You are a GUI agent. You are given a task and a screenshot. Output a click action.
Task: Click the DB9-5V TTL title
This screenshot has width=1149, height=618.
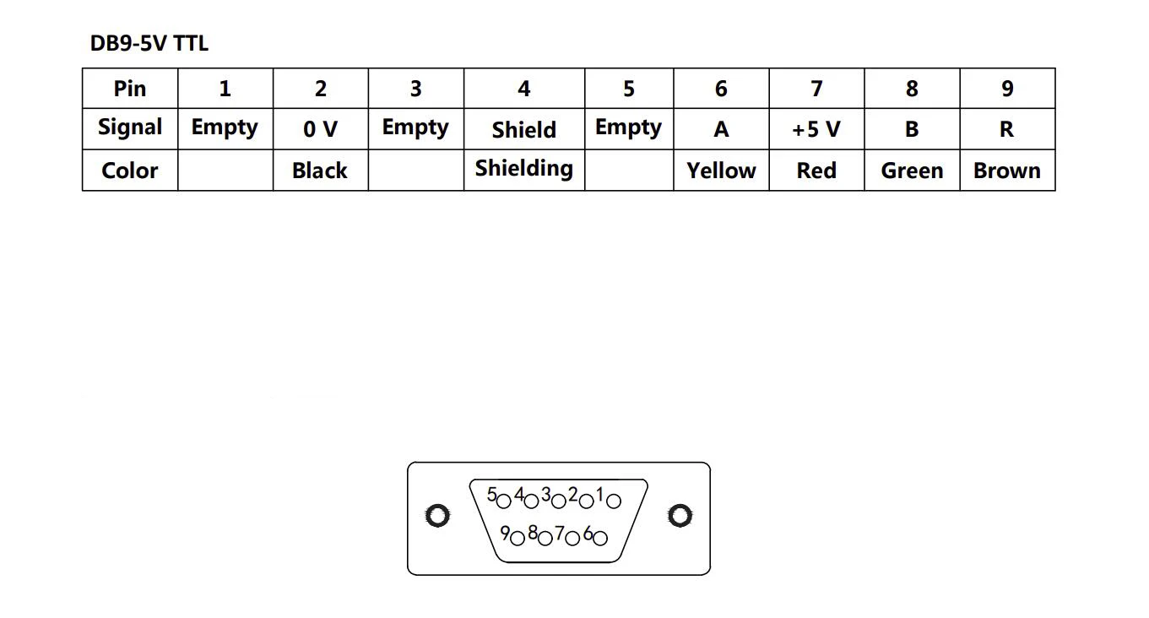[149, 43]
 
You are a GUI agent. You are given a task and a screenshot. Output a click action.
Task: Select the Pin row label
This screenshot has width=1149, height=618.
[130, 89]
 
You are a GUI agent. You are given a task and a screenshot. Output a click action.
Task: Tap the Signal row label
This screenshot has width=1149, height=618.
[130, 127]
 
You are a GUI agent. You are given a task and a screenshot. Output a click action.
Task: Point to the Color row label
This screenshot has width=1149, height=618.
[130, 171]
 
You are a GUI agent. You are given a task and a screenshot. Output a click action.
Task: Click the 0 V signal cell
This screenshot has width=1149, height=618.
[320, 129]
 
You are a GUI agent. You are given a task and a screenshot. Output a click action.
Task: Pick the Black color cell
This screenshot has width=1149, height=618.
[320, 171]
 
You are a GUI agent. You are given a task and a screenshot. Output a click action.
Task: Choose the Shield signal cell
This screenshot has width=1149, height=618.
[523, 130]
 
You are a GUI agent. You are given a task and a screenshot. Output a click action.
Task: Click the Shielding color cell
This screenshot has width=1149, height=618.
[523, 169]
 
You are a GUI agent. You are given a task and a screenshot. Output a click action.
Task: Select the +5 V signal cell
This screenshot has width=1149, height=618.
[816, 129]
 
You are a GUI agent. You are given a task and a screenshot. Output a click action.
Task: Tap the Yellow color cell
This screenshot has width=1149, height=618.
[721, 171]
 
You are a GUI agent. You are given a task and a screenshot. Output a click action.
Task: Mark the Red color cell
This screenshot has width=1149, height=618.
[816, 171]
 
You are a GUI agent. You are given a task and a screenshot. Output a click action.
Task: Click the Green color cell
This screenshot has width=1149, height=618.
[912, 171]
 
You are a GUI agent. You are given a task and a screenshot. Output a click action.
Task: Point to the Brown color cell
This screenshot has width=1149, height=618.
[1007, 171]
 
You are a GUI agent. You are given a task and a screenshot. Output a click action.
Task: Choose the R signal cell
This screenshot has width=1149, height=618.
[1007, 129]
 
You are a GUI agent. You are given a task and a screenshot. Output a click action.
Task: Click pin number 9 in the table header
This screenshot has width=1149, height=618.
[1007, 89]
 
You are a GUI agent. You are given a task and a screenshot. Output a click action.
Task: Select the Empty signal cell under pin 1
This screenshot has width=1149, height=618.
[225, 127]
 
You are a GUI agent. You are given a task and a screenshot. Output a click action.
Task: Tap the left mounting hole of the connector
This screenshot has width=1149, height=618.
[436, 515]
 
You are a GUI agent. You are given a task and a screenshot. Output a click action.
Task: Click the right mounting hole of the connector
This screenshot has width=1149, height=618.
[680, 515]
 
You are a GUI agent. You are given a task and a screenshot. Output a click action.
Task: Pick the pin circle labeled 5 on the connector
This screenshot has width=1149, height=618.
[504, 501]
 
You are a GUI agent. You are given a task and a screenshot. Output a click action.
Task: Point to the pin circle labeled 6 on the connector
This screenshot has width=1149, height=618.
[600, 537]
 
